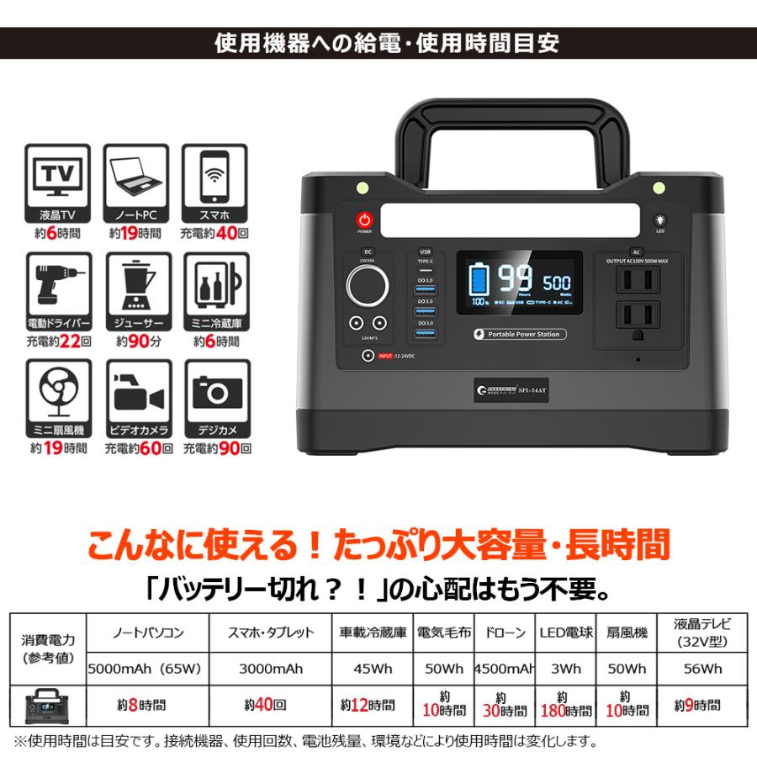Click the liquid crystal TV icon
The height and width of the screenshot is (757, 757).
tap(56, 175)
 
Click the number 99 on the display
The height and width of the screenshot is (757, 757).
tap(512, 280)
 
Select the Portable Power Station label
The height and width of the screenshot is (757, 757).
tap(516, 334)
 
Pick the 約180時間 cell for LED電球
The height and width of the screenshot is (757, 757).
tap(566, 705)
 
